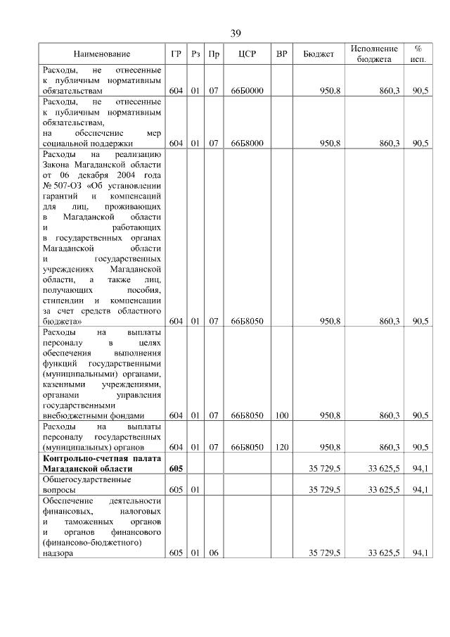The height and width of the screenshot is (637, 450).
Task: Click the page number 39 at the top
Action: click(x=236, y=33)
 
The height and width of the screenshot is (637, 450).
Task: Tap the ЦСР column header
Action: click(x=246, y=54)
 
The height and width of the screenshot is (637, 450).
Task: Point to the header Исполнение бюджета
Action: click(x=374, y=54)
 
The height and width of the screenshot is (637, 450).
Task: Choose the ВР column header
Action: click(x=281, y=54)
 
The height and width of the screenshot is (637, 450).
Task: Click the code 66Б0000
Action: click(x=246, y=91)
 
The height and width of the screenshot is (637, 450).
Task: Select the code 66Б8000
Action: click(x=246, y=143)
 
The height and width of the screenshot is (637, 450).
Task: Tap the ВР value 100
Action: click(x=281, y=415)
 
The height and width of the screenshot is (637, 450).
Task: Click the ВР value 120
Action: click(x=281, y=446)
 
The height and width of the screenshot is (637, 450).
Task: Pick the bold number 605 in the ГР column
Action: click(x=176, y=468)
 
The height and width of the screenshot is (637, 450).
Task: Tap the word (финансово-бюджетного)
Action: click(x=92, y=542)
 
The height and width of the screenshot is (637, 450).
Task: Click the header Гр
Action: click(x=176, y=54)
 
